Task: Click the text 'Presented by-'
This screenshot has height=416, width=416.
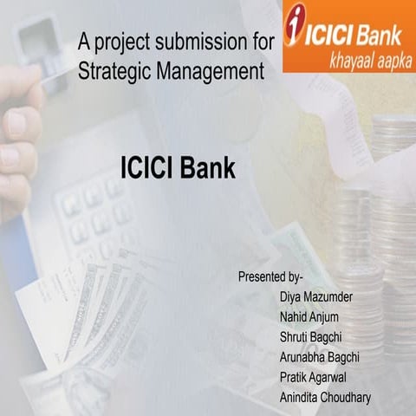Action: click(270, 277)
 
